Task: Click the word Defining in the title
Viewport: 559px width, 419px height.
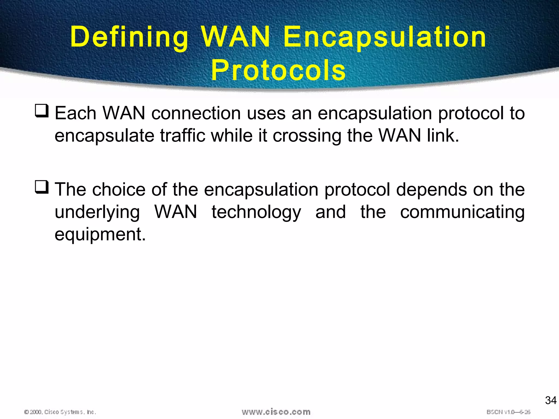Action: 129,37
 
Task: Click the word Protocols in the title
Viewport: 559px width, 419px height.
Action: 278,70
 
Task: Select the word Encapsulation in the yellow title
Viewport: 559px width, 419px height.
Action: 385,37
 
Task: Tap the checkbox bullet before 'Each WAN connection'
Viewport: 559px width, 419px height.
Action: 42,111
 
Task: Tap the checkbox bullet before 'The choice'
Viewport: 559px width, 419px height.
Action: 42,187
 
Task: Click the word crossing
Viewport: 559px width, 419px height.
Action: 307,136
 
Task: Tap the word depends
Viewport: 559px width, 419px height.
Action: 431,190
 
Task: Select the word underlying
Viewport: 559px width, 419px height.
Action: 97,212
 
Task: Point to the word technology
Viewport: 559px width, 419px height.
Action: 256,212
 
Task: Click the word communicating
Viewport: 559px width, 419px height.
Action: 462,212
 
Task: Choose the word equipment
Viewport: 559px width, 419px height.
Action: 100,235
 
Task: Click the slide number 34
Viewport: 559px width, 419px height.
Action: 551,400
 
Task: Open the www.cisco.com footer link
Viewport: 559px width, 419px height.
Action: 276,412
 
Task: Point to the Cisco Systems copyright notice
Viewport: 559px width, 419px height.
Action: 60,412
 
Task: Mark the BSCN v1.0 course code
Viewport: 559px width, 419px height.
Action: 508,412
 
